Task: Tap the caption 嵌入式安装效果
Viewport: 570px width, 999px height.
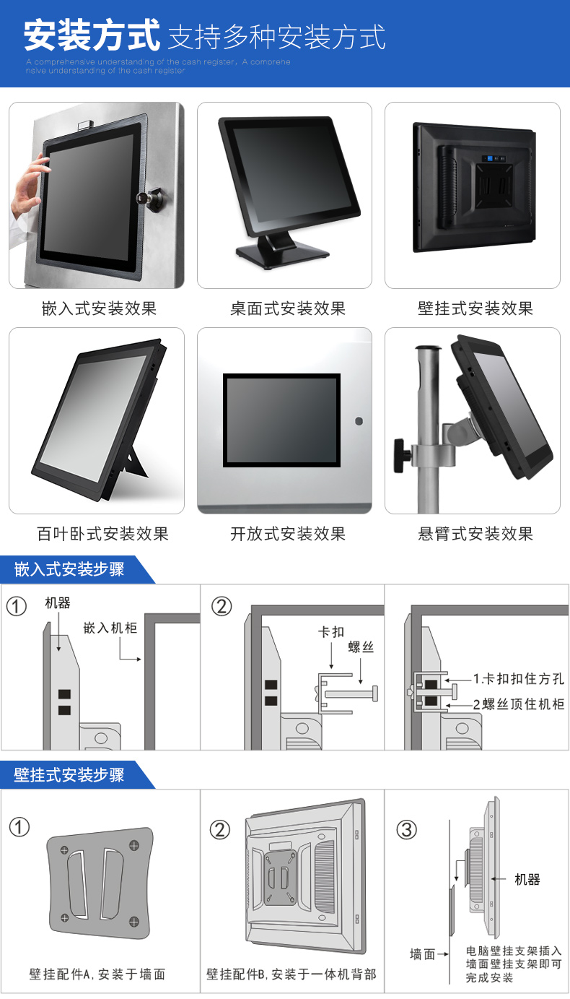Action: (x=99, y=308)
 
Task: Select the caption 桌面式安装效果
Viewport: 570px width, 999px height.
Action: (x=287, y=308)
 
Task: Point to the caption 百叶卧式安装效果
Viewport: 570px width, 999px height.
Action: (x=102, y=534)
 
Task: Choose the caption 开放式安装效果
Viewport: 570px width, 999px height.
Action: (x=287, y=534)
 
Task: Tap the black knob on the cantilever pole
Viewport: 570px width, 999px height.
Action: (x=401, y=455)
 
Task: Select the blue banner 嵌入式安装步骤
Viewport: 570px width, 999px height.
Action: (x=69, y=569)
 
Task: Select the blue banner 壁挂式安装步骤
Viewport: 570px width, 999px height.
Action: (x=69, y=775)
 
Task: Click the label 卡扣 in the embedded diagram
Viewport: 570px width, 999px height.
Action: (x=331, y=632)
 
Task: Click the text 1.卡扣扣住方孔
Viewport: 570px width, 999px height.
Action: (x=518, y=679)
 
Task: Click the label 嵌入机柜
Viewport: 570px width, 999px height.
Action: (x=110, y=627)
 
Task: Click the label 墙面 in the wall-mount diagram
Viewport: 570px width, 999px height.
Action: (x=423, y=954)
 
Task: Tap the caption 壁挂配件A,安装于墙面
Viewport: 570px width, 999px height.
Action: (x=97, y=974)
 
